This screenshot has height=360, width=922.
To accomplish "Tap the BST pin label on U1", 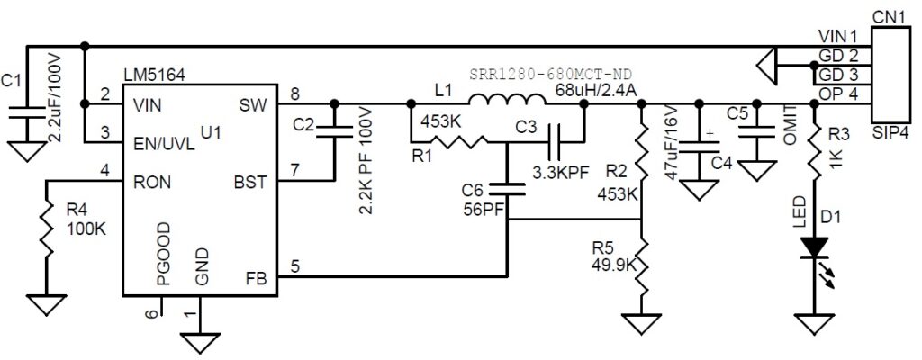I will pyautogui.click(x=249, y=182).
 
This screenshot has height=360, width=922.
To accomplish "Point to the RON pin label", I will pyautogui.click(x=151, y=181).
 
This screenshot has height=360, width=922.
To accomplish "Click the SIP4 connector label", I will pyautogui.click(x=890, y=131).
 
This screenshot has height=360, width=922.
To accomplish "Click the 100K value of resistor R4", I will pyautogui.click(x=86, y=229).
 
